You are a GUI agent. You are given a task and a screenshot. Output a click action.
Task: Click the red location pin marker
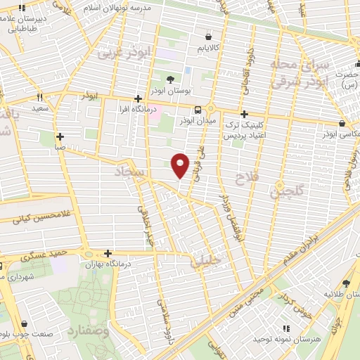pyautogui.click(x=181, y=165)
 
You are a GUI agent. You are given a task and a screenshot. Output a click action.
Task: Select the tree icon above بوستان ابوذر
pyautogui.click(x=171, y=79)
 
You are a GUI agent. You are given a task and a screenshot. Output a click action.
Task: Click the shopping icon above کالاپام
pyautogui.click(x=208, y=37)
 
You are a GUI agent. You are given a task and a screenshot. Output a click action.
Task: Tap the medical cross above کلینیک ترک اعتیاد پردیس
pyautogui.click(x=244, y=114)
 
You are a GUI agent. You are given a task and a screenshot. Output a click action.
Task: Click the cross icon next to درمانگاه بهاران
pyautogui.click(x=108, y=253)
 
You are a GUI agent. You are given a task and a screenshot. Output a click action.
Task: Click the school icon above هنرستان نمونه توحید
pyautogui.click(x=285, y=328)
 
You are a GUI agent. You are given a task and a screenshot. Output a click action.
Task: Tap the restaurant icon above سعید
pyautogui.click(x=39, y=98)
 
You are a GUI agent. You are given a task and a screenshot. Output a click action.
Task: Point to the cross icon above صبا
pyautogui.click(x=60, y=137)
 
